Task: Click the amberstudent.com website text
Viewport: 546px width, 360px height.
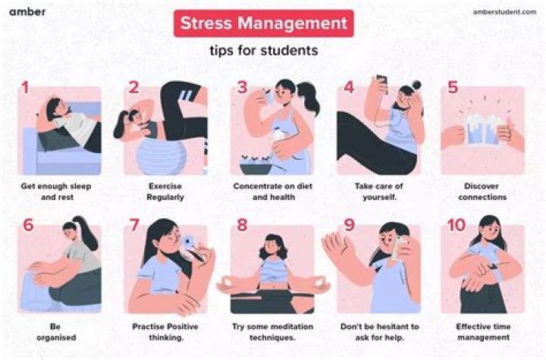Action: coord(504,12)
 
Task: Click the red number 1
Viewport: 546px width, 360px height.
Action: coord(25,87)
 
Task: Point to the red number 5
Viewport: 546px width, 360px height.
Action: coord(453,87)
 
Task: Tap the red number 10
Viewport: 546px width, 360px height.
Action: coord(457,227)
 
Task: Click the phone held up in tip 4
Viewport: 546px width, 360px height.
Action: coord(382,84)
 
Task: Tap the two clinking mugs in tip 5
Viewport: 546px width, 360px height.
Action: coord(482,130)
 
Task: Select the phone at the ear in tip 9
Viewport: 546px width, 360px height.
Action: coord(401,246)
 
